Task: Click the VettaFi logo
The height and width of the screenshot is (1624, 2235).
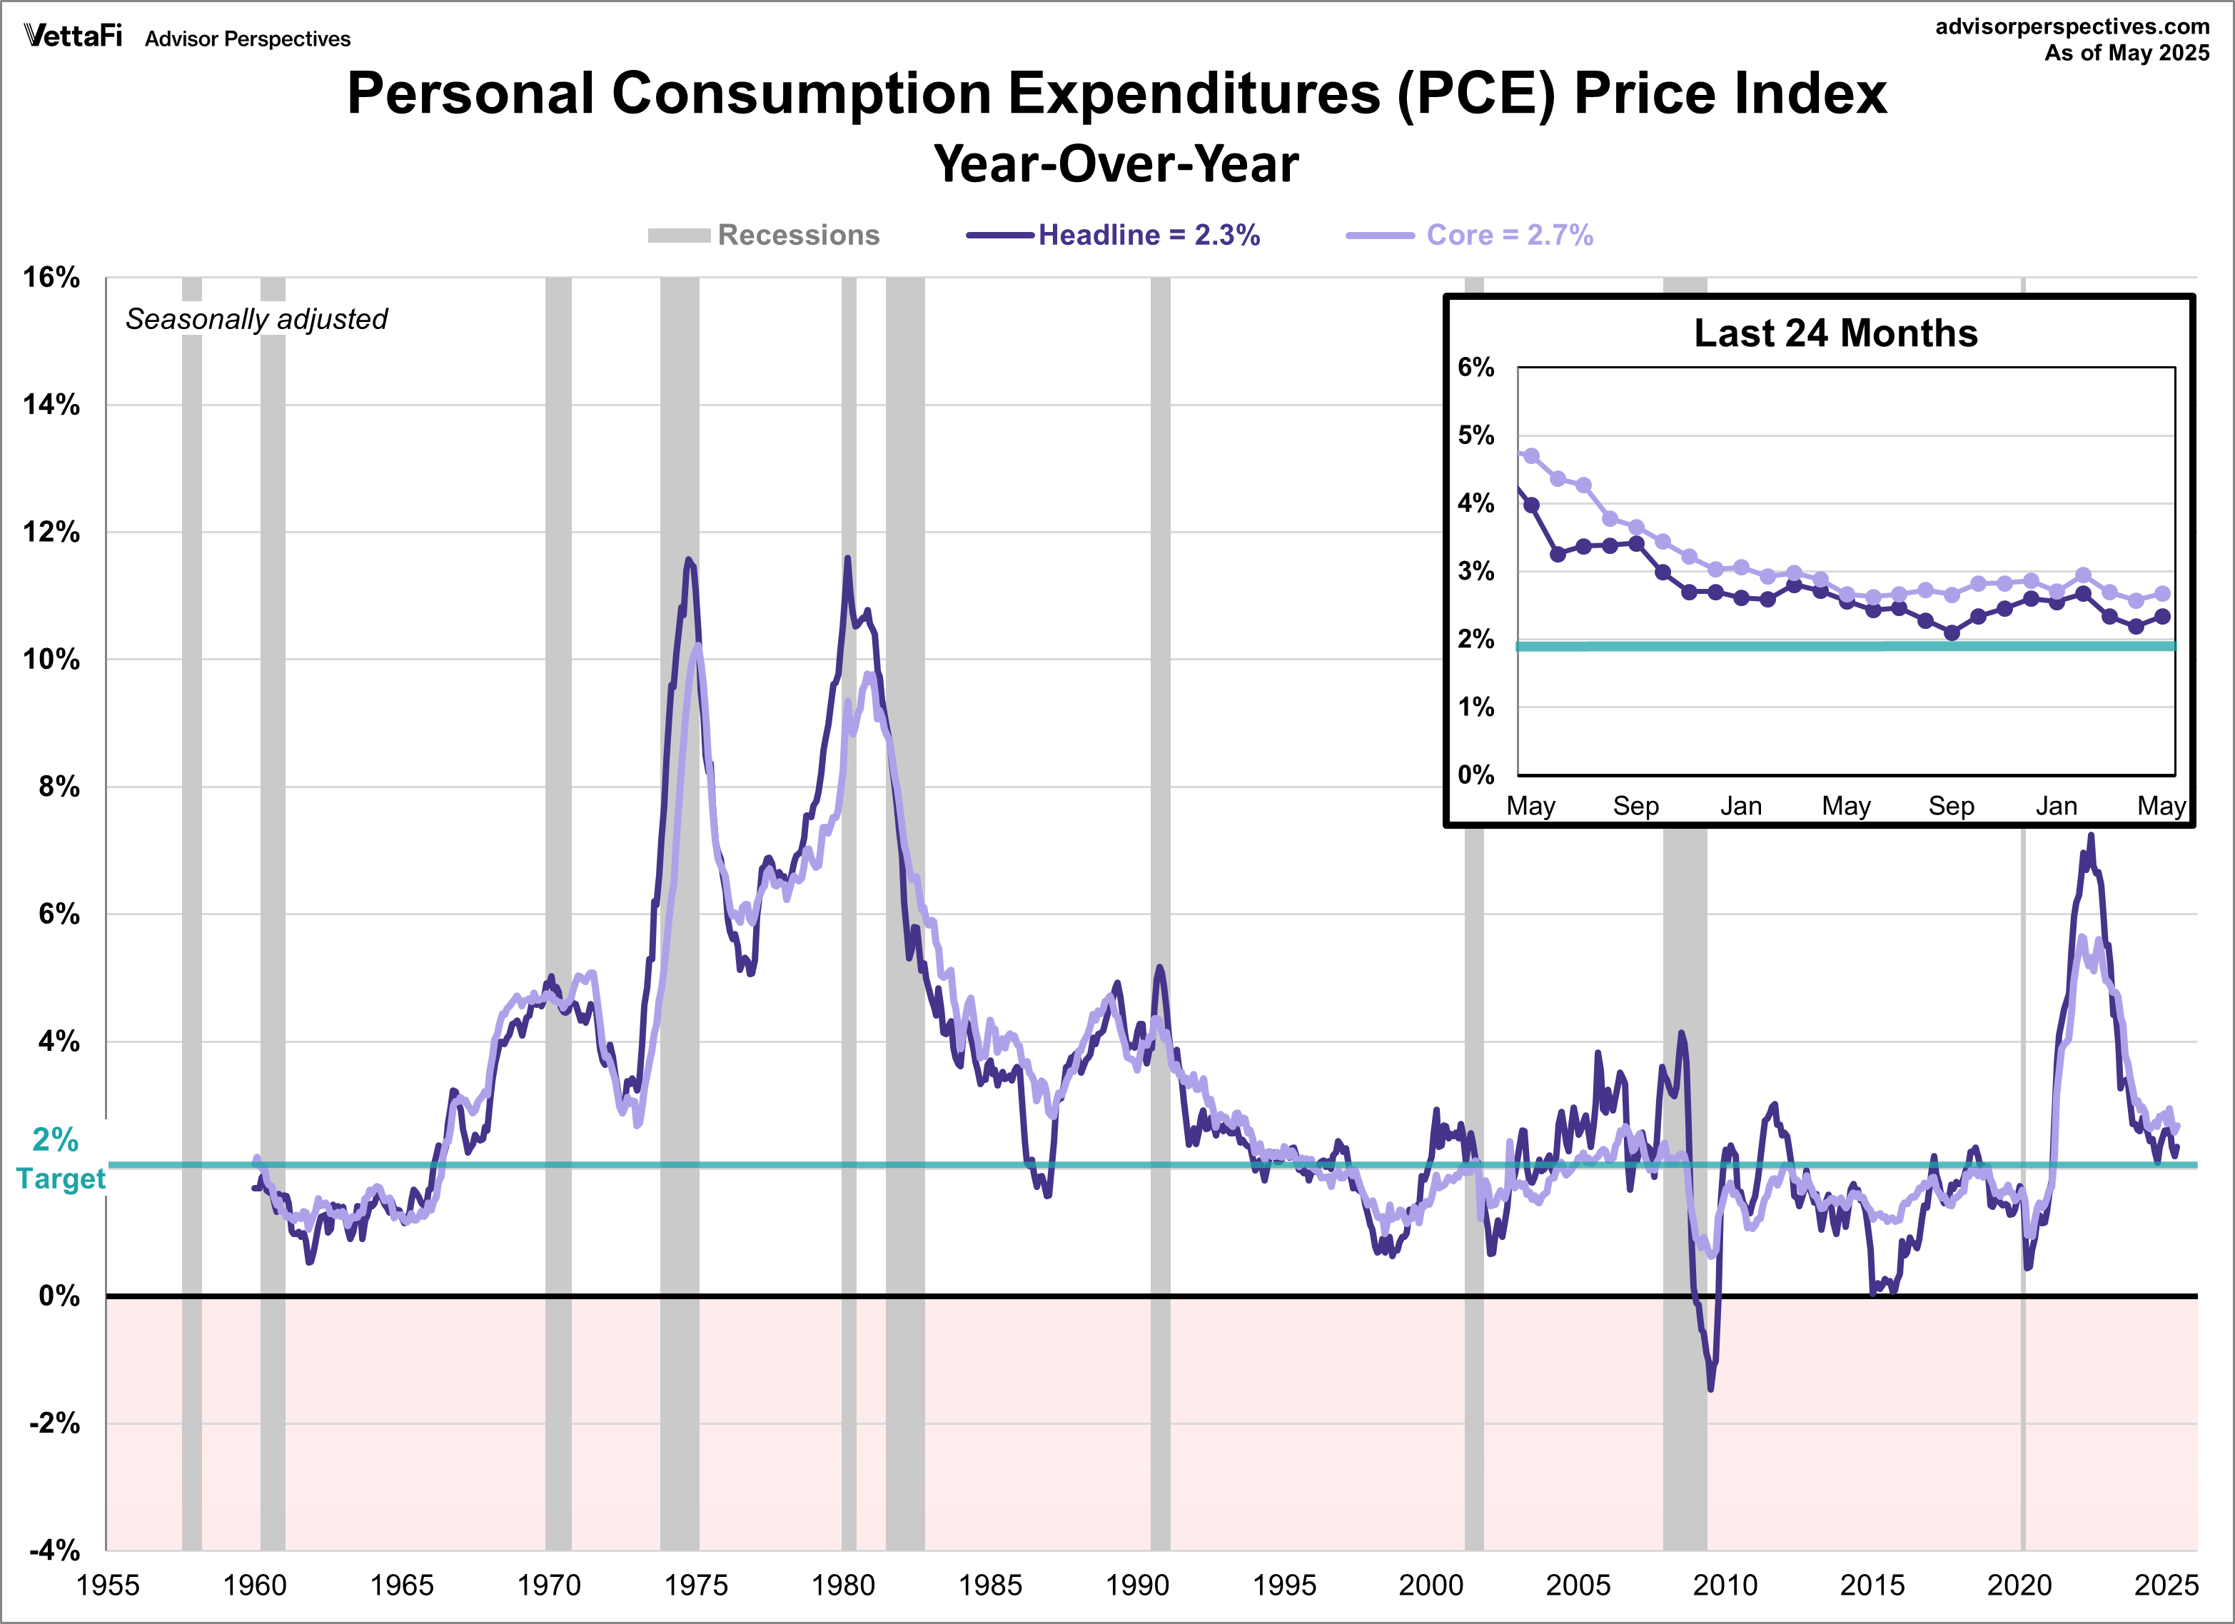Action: tap(73, 36)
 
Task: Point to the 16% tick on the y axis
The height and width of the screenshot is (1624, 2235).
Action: tap(51, 277)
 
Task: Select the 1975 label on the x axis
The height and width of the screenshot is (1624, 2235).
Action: tap(696, 1585)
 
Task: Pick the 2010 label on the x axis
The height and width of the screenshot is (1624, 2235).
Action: tap(1725, 1585)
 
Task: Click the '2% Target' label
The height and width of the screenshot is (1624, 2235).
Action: tap(59, 1159)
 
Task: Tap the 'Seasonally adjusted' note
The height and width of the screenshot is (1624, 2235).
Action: tap(256, 319)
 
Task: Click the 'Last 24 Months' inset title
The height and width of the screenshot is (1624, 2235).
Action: tap(1835, 333)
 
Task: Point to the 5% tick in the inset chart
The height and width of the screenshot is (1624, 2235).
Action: tap(1475, 435)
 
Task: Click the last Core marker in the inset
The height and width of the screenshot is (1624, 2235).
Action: tap(2162, 593)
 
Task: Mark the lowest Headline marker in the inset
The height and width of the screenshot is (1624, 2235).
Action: tap(1951, 632)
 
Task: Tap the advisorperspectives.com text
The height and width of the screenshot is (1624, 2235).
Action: tap(2072, 26)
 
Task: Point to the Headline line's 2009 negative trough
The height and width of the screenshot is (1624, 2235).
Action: tap(1710, 1388)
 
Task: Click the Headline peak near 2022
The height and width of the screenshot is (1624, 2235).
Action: tap(2091, 836)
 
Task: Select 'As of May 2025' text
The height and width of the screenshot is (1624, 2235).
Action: tap(2126, 54)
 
